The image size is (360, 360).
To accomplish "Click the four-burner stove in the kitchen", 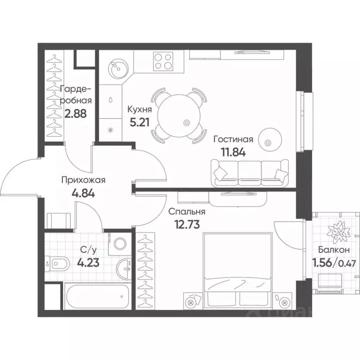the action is [163, 61].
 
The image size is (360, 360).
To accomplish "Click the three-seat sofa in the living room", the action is [249, 173].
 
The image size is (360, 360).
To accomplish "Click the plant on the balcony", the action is [339, 232].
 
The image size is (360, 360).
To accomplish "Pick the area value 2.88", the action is [75, 113].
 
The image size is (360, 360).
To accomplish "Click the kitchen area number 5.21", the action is [140, 122].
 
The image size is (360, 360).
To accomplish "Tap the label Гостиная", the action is [233, 139].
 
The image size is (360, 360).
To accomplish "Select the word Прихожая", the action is [83, 180].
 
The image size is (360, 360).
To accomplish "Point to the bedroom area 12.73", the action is [187, 225].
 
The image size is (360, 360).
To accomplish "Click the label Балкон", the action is [334, 250].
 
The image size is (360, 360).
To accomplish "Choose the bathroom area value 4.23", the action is [88, 262].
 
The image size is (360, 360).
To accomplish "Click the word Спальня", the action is [187, 212].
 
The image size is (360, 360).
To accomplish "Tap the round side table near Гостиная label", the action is [270, 140].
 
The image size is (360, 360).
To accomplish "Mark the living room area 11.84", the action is [233, 152].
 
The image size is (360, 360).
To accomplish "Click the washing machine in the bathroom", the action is [120, 244].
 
